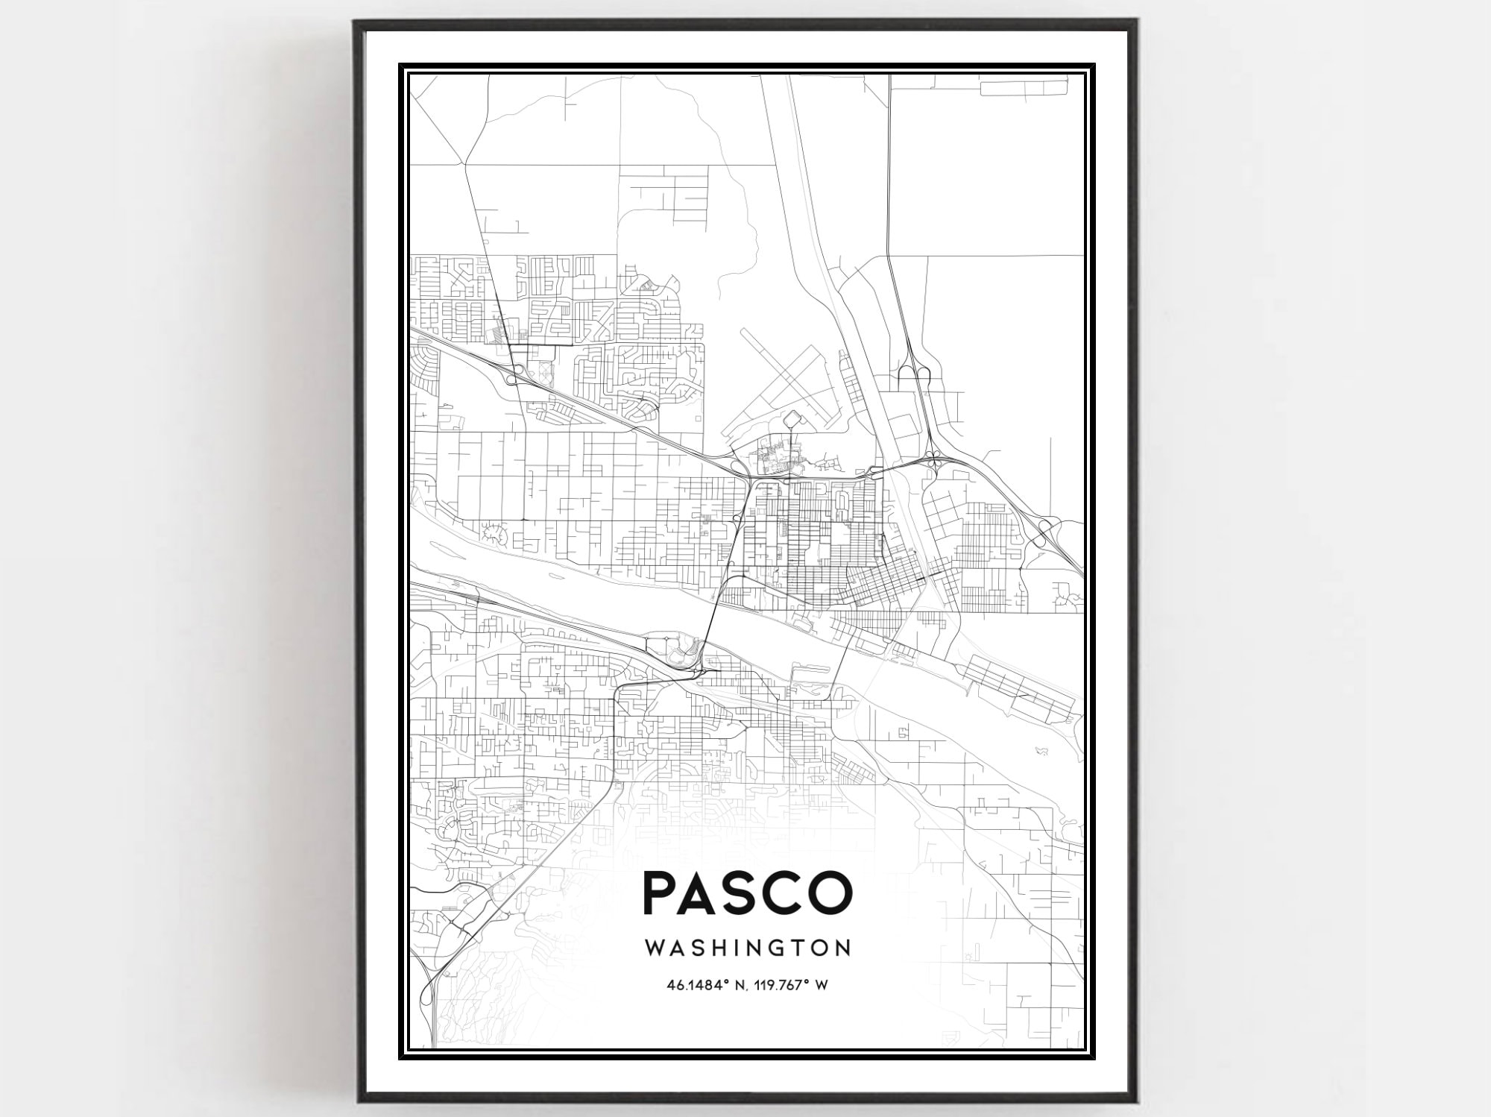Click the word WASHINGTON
point(747,948)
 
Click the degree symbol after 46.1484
point(726,982)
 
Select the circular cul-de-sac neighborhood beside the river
point(493,533)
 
